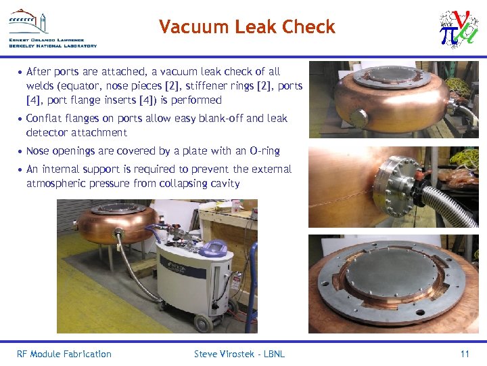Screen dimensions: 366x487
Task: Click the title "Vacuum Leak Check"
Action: tap(247, 26)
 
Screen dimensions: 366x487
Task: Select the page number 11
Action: tap(464, 354)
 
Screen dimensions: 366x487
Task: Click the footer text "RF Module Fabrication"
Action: tap(64, 354)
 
